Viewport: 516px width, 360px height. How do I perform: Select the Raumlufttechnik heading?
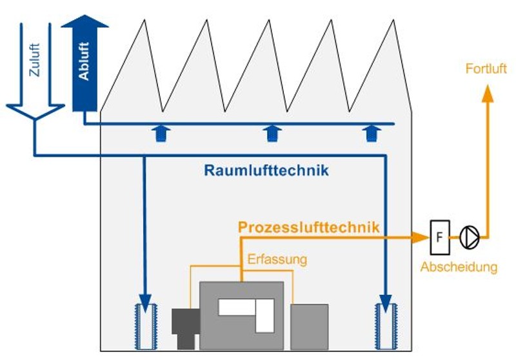coord(266,171)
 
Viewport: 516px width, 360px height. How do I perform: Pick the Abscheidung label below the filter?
coord(459,267)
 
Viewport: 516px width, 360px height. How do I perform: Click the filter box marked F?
coord(439,237)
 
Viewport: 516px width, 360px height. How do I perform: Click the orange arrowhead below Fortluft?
coord(488,92)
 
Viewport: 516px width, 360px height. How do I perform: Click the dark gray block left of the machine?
coord(185,326)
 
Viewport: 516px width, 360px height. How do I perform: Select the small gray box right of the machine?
coord(309,326)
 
